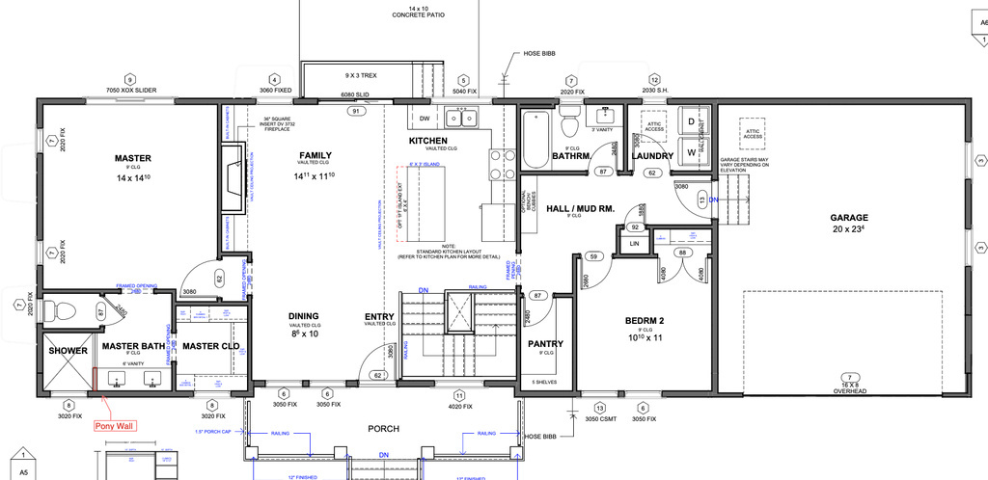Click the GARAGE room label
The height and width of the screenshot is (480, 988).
[849, 218]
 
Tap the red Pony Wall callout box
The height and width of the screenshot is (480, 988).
[113, 424]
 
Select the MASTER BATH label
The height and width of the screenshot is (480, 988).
[134, 346]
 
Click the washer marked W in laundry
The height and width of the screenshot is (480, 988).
[691, 152]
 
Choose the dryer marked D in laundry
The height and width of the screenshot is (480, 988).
[691, 122]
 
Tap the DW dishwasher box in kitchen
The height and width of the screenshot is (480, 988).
[424, 120]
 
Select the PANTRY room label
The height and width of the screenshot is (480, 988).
[546, 344]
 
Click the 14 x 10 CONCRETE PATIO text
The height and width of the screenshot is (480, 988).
[417, 12]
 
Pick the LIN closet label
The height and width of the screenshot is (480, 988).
[635, 244]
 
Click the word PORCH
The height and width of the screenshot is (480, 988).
[384, 429]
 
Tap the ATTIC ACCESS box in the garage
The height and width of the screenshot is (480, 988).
[754, 133]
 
